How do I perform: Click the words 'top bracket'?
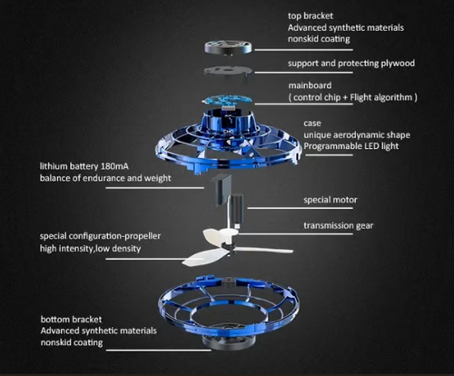point(311,16)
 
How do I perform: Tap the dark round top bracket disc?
point(228,47)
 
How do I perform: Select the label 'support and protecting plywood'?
point(351,64)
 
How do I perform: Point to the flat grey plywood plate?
point(228,72)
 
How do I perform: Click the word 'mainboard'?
point(310,85)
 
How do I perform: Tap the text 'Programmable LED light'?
point(351,146)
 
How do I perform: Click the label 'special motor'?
point(331,200)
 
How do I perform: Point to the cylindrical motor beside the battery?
point(236,205)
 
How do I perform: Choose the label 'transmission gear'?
point(339,225)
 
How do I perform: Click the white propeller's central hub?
point(230,247)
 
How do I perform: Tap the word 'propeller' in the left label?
point(143,236)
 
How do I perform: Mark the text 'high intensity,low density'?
point(90,249)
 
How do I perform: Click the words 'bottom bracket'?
point(71,320)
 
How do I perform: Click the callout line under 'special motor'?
point(300,208)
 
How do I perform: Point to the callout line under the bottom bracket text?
point(158,351)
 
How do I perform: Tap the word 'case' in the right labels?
point(312,124)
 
